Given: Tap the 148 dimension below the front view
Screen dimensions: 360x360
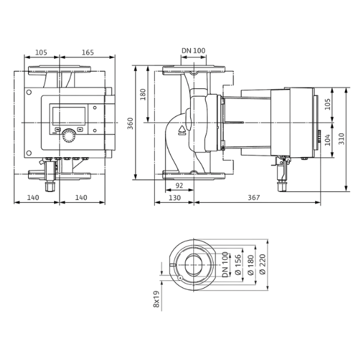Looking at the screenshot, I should (x=83, y=196).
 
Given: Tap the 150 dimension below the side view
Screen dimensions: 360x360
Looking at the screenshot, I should (x=175, y=197).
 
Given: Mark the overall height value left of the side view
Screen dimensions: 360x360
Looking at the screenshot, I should (x=131, y=124).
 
